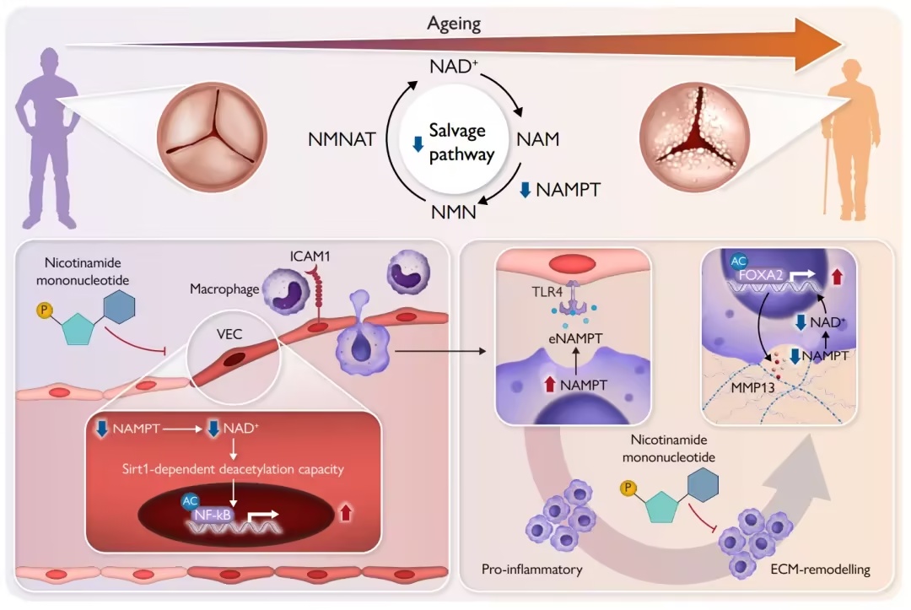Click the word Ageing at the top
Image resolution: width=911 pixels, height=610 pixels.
(453, 24)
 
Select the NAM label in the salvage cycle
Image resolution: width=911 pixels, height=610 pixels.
(540, 139)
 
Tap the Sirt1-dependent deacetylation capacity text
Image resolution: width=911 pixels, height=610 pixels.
(232, 469)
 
